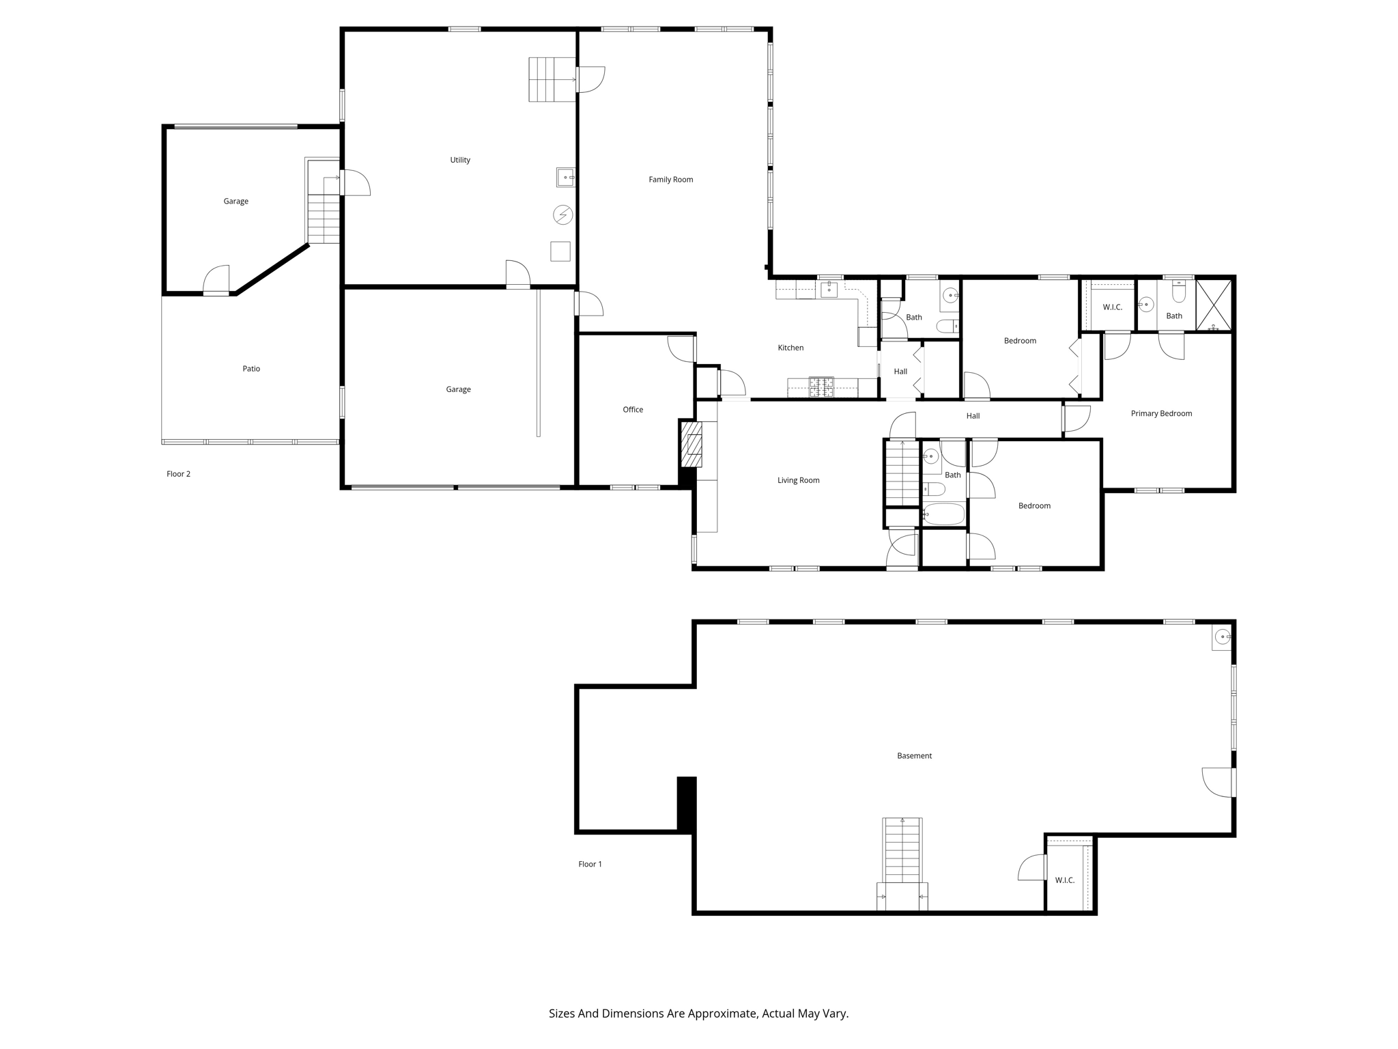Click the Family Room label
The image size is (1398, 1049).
tap(670, 180)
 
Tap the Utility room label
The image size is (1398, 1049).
tap(460, 160)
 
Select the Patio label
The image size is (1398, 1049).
tap(251, 369)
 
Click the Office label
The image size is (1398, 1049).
tap(633, 410)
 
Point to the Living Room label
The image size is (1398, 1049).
tap(798, 480)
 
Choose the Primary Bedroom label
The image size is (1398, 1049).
tap(1161, 413)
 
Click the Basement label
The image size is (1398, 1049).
tap(914, 755)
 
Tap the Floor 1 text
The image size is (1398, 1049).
tap(590, 864)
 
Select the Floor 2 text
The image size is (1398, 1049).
tap(178, 474)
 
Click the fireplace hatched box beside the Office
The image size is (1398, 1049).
tap(691, 445)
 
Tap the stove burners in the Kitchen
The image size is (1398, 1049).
tap(821, 387)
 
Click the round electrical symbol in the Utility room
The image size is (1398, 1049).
tap(563, 215)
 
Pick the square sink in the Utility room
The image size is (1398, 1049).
tap(565, 178)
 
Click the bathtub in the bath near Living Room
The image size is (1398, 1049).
tap(944, 514)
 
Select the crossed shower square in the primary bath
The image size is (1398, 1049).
tap(1214, 305)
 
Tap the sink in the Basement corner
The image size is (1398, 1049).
tap(1222, 638)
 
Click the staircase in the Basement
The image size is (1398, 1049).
tap(902, 851)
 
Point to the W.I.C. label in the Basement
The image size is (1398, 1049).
tap(1065, 880)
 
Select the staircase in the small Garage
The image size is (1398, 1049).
tap(324, 219)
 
